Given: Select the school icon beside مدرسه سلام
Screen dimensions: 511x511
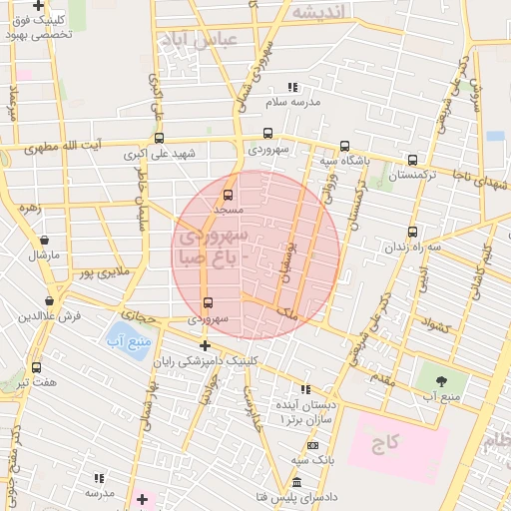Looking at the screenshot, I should tap(292, 88).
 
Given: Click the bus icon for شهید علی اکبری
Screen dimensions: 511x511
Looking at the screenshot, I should tap(158, 139).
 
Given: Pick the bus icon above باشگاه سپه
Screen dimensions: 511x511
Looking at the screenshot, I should tap(344, 146).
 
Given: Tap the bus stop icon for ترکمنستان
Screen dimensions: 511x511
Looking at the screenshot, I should tap(412, 160).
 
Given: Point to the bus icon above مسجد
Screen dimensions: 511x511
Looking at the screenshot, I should tap(229, 196).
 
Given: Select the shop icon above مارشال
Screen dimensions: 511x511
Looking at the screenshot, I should tap(44, 241).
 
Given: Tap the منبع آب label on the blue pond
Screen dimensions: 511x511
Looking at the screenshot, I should tap(127, 342).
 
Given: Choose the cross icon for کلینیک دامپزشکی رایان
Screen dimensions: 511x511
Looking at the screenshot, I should tap(205, 345).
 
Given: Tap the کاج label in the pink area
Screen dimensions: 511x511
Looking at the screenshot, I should tap(387, 440).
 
